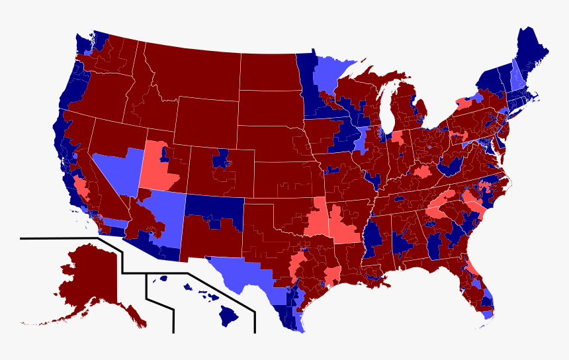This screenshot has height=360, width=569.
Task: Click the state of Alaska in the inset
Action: (89, 278)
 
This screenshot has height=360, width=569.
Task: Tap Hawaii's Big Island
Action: (229, 317)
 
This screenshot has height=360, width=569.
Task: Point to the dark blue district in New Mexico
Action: (215, 208)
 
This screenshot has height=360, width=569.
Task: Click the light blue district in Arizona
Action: (169, 212)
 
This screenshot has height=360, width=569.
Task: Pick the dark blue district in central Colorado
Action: (220, 159)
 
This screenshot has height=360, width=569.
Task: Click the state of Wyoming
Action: (205, 122)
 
